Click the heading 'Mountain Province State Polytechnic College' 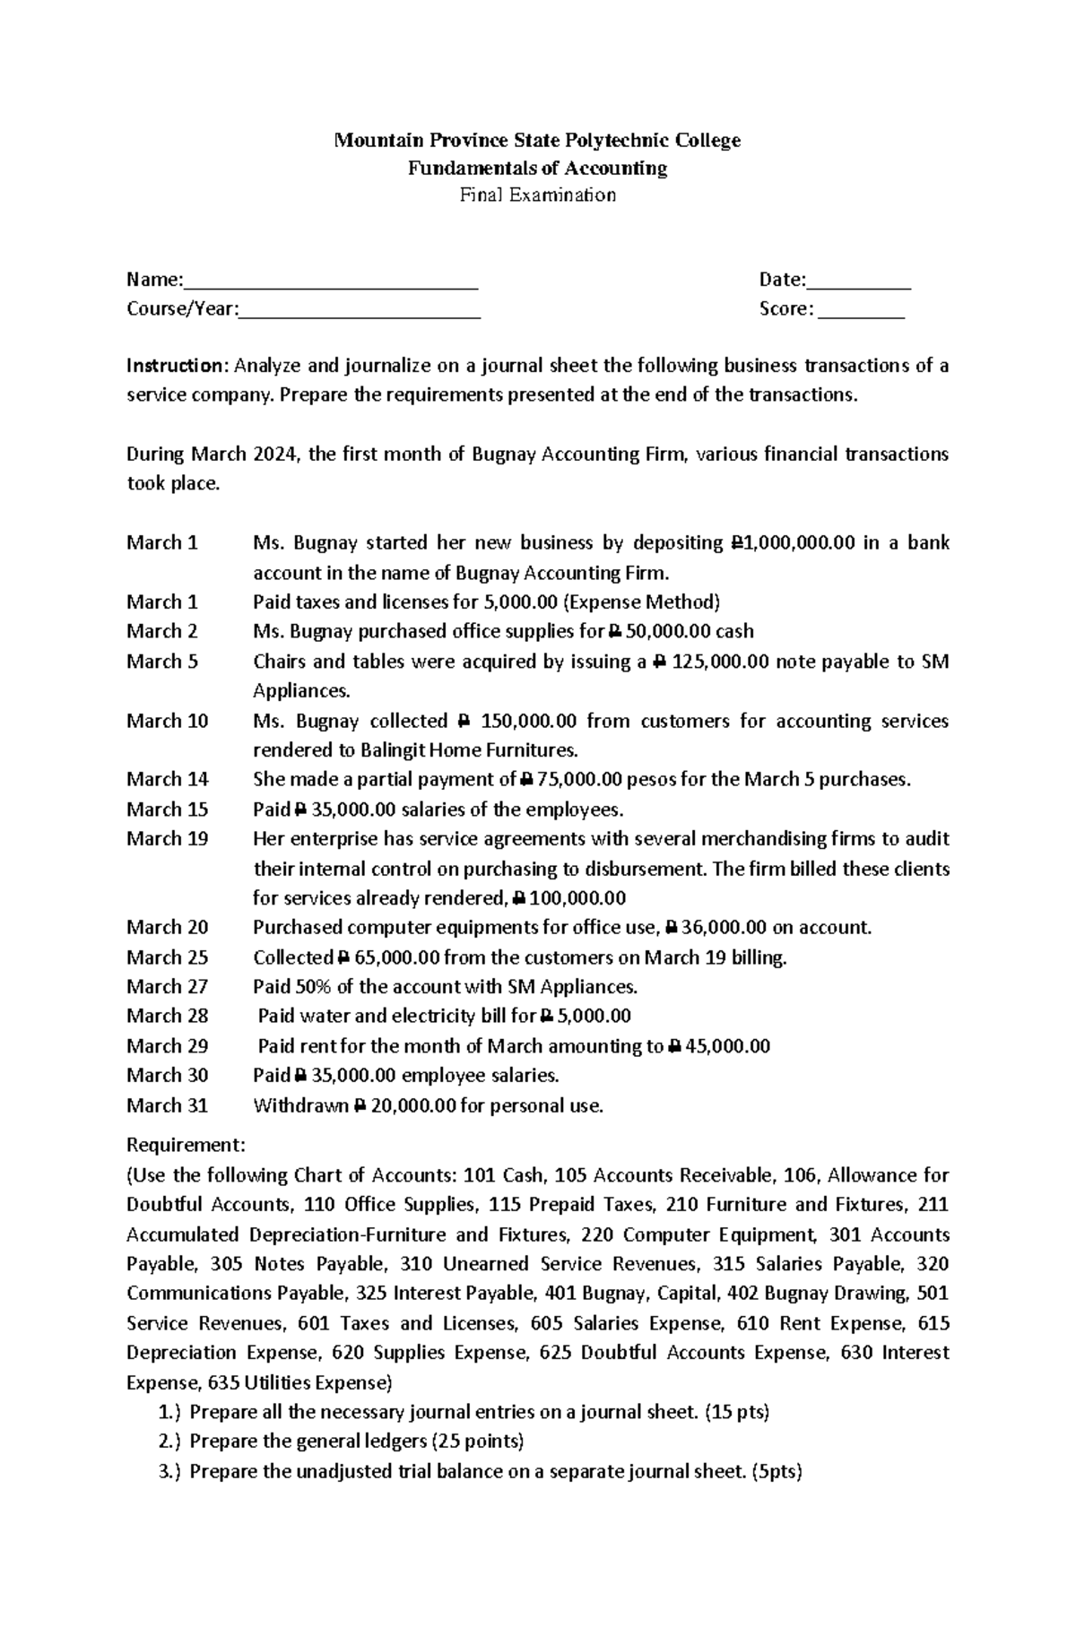537,141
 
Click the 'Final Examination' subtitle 537,195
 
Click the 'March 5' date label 161,662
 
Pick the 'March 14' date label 167,780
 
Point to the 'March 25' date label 167,957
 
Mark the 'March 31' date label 167,1105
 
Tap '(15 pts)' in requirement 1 737,1413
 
